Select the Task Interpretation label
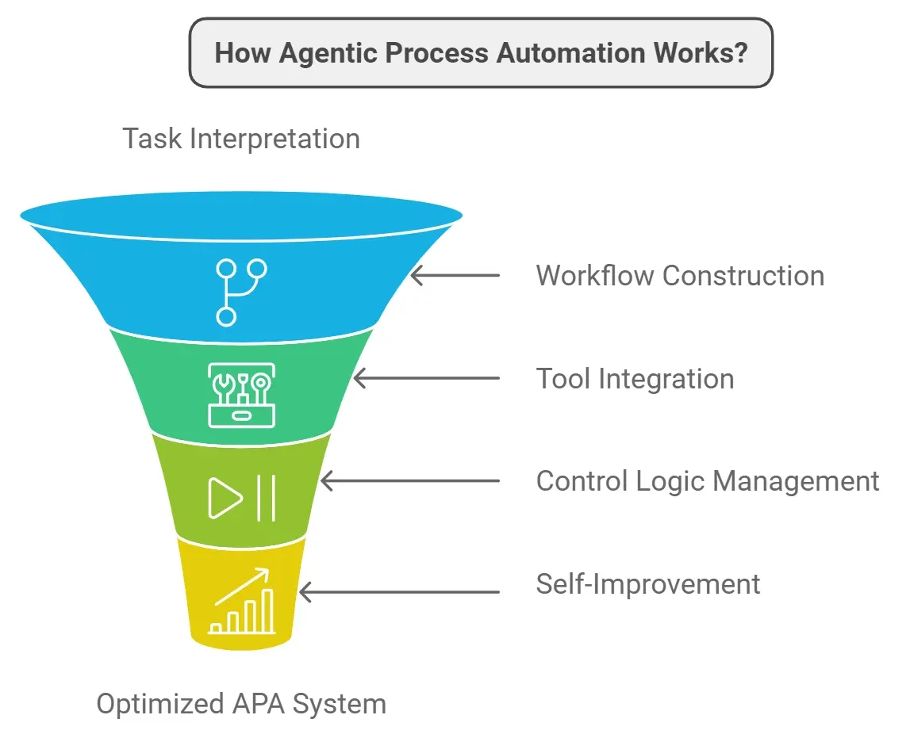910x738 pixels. [240, 139]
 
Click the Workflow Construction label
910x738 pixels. [680, 276]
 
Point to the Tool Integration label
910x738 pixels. [635, 379]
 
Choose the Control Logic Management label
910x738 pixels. [708, 481]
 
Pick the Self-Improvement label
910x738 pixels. [648, 584]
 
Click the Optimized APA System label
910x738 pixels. [241, 704]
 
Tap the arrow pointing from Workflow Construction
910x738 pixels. [455, 276]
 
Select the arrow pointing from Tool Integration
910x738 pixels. [426, 379]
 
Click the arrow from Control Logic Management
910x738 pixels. [409, 481]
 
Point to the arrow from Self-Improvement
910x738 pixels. [399, 591]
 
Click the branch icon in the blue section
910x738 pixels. [241, 292]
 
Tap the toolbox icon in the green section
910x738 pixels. [241, 395]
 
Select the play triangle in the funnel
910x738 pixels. [225, 498]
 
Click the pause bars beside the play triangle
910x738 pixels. [266, 498]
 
